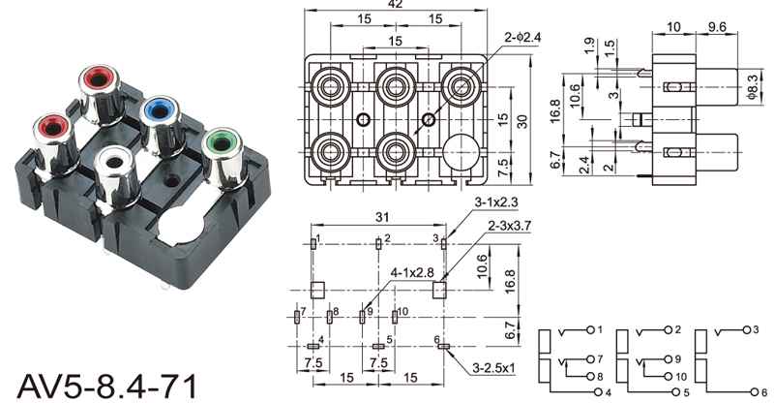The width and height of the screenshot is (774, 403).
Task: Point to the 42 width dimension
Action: click(395, 6)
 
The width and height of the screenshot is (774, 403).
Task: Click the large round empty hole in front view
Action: click(462, 153)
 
